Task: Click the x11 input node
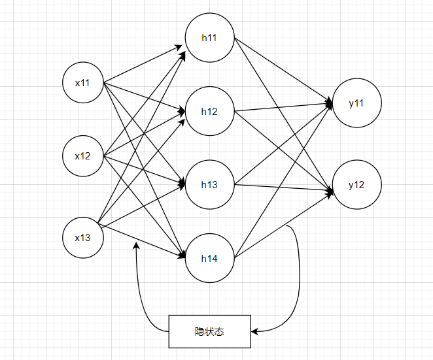pyautogui.click(x=83, y=83)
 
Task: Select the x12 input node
pyautogui.click(x=83, y=156)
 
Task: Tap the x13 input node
pyautogui.click(x=83, y=237)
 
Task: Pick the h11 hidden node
pyautogui.click(x=209, y=38)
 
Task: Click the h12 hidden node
pyautogui.click(x=209, y=111)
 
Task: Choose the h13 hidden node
pyautogui.click(x=209, y=184)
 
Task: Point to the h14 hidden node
pyautogui.click(x=209, y=258)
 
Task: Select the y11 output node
pyautogui.click(x=356, y=104)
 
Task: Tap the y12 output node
pyautogui.click(x=356, y=185)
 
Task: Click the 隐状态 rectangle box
pyautogui.click(x=209, y=331)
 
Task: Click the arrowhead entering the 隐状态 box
pyautogui.click(x=254, y=331)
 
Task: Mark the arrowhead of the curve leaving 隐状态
pyautogui.click(x=136, y=246)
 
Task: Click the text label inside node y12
pyautogui.click(x=356, y=185)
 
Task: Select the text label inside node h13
pyautogui.click(x=209, y=184)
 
